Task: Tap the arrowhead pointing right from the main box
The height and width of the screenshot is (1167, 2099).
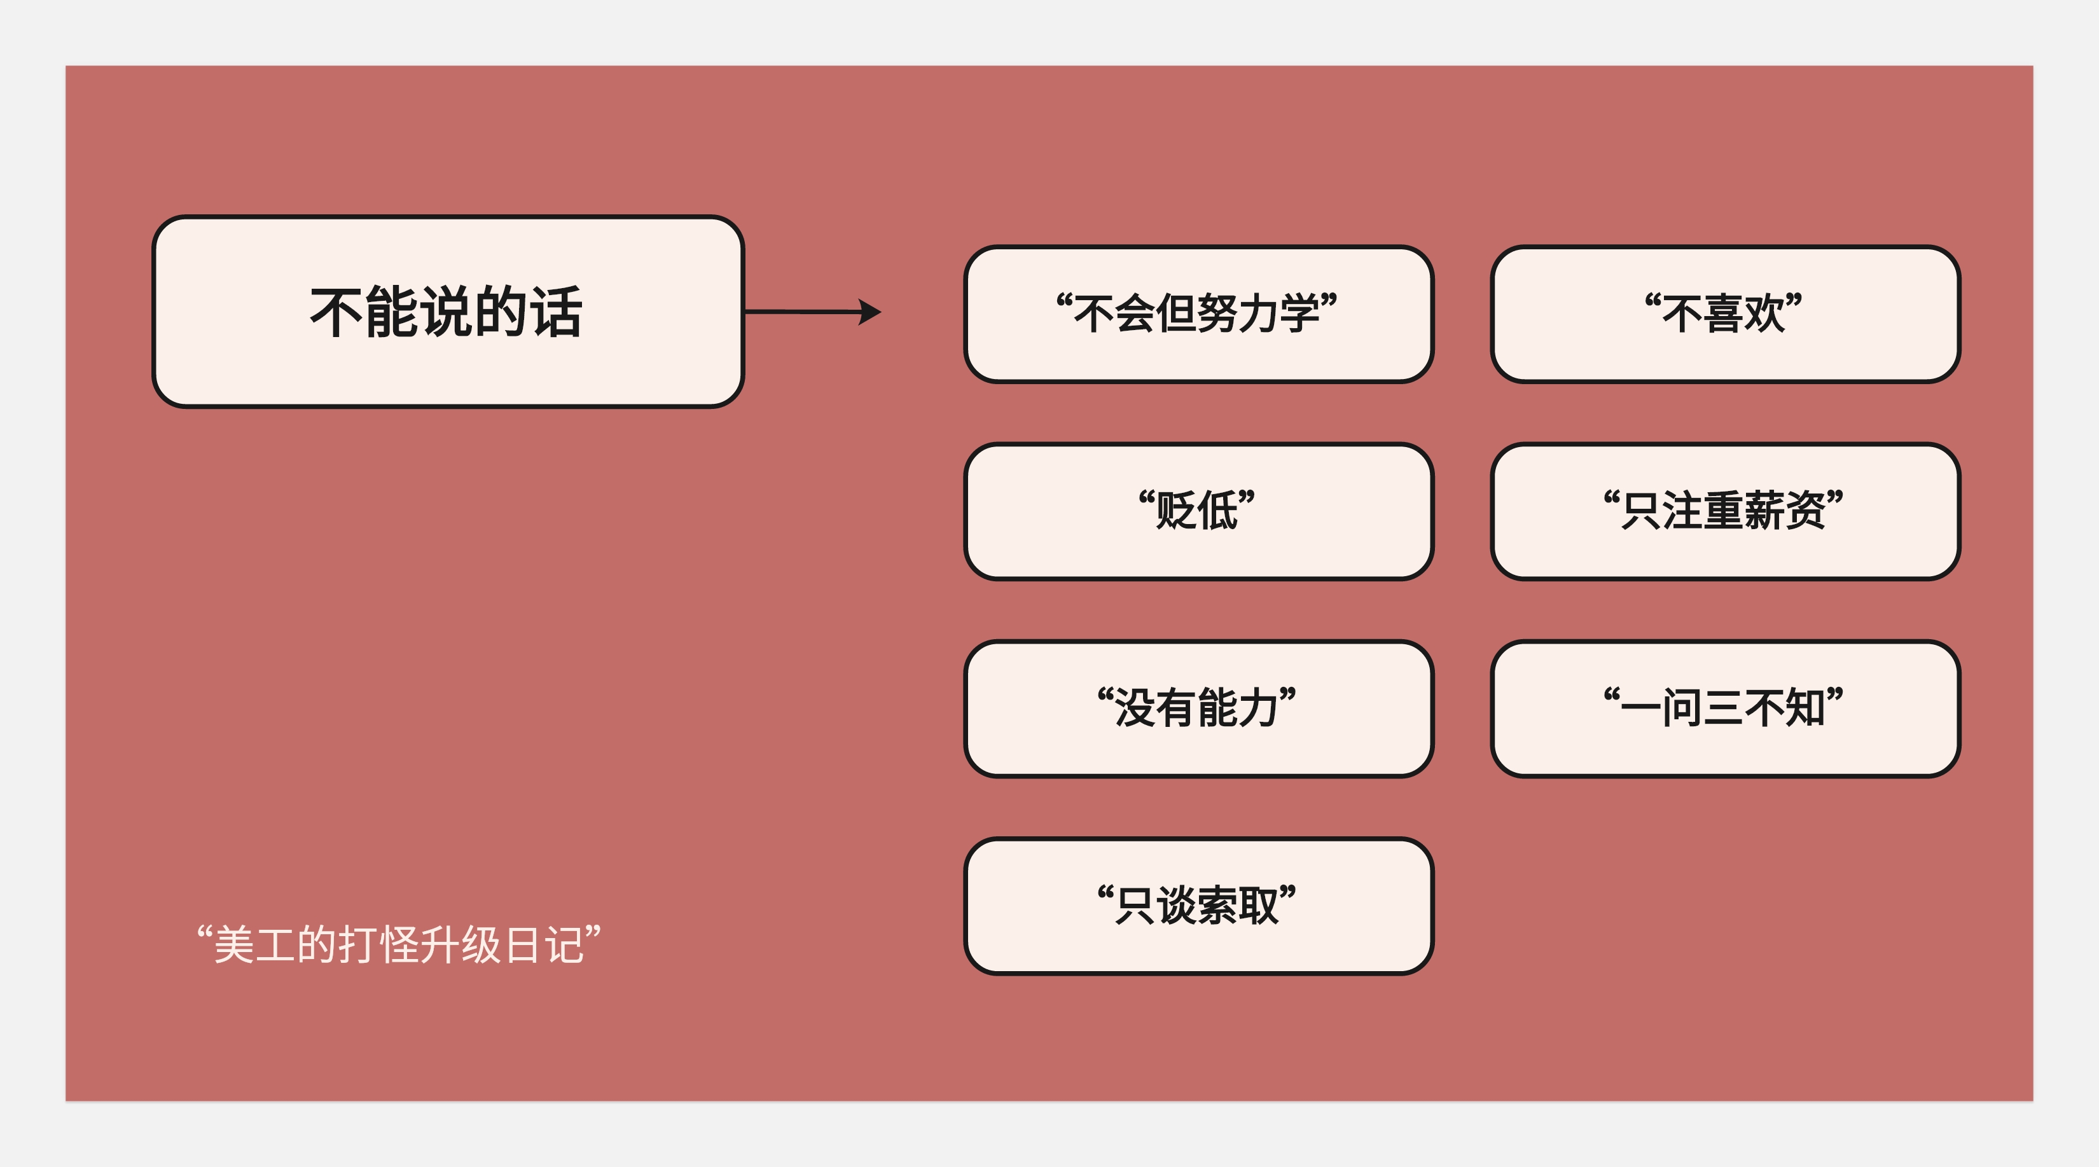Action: [x=870, y=312]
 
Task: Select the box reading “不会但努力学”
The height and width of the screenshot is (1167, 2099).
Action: [x=1198, y=314]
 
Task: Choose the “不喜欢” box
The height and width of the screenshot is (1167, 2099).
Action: [x=1724, y=314]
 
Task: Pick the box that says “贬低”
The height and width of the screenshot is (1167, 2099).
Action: [x=1198, y=511]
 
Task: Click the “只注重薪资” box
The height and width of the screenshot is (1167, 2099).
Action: [x=1724, y=511]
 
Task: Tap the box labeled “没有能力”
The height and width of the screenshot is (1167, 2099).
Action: [x=1198, y=708]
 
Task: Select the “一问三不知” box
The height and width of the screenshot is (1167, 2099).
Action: [x=1724, y=708]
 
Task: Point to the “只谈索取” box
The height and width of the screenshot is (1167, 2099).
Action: [x=1198, y=906]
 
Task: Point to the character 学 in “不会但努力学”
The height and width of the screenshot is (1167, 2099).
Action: [x=1299, y=314]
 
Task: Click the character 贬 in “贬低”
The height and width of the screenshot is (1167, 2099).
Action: [x=1177, y=511]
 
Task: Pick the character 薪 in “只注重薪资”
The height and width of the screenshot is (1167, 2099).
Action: [x=1764, y=511]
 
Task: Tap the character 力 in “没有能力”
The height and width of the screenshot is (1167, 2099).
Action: [x=1259, y=708]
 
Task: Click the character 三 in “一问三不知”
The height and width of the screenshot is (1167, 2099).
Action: [x=1723, y=708]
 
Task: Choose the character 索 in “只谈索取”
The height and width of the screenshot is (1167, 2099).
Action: [x=1218, y=906]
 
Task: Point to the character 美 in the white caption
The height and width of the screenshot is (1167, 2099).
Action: [x=234, y=945]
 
